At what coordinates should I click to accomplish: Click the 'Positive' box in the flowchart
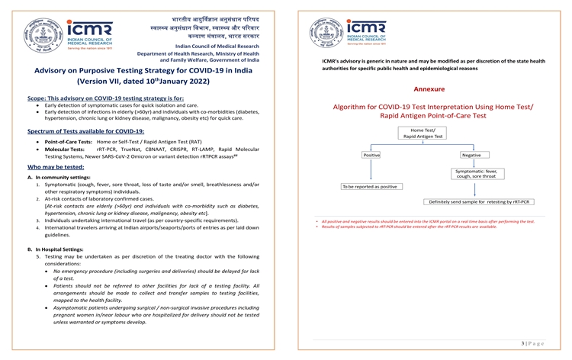[372, 156]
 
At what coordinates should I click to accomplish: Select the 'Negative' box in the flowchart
[471, 156]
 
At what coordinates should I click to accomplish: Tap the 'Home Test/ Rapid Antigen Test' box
[422, 133]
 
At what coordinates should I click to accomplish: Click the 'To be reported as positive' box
[369, 186]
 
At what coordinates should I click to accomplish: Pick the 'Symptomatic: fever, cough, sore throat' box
[476, 175]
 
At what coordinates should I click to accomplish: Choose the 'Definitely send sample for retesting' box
[480, 202]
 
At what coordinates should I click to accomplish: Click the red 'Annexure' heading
[429, 89]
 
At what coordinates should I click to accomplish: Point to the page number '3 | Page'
[532, 344]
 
